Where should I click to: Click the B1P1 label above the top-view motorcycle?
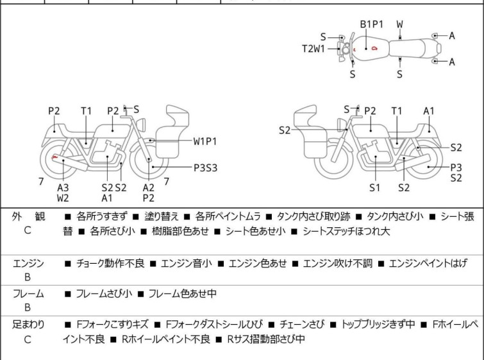(x=371, y=24)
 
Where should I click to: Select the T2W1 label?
(x=314, y=48)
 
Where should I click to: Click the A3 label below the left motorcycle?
(x=63, y=187)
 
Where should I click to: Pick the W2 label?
(x=63, y=198)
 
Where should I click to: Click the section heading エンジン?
(x=28, y=263)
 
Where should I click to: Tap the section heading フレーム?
(x=28, y=294)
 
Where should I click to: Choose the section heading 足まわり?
(x=28, y=325)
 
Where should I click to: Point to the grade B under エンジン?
(x=28, y=278)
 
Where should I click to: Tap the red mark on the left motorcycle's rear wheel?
(x=55, y=157)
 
